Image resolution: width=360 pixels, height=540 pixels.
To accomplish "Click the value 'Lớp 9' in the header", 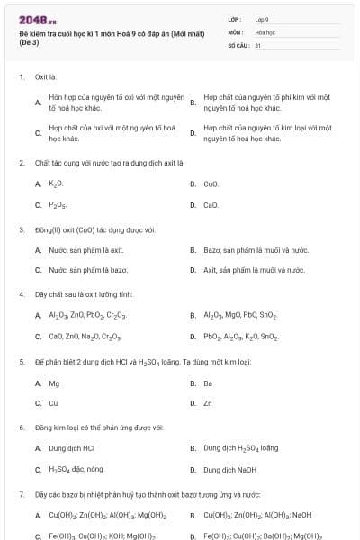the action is tap(262, 19).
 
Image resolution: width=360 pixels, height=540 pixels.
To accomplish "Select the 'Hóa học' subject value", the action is tap(265, 31).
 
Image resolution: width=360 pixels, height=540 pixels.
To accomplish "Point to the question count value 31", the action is tap(257, 44).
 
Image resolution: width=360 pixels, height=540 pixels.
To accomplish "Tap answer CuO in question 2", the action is tap(211, 184).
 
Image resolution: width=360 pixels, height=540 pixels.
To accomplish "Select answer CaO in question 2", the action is tap(211, 204).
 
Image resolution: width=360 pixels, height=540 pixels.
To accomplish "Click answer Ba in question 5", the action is tap(208, 382).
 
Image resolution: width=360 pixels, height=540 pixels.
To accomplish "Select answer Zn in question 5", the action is tap(208, 403).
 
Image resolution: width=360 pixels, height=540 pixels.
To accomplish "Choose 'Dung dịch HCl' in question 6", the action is tap(71, 447).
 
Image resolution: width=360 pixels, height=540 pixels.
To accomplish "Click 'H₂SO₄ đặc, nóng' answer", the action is tap(76, 469).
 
